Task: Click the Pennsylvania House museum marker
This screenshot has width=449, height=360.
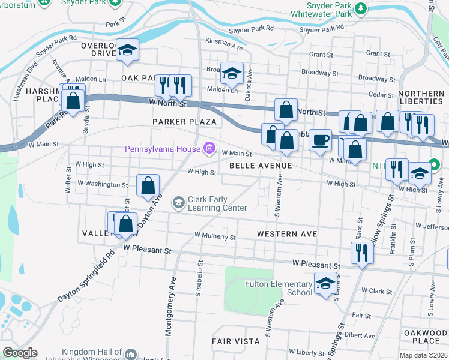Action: [209, 148]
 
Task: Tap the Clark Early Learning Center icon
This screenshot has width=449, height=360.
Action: [178, 203]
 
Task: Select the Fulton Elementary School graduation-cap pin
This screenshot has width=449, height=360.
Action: [325, 284]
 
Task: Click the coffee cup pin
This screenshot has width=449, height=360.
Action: [320, 139]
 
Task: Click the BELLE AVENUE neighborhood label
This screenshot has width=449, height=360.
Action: [260, 165]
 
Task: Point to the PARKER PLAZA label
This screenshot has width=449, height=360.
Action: [175, 122]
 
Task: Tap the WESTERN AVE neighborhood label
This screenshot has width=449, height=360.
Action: [286, 233]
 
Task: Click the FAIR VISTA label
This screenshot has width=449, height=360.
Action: [235, 341]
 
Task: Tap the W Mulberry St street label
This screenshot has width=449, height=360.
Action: [215, 237]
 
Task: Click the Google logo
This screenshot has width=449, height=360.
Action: [20, 353]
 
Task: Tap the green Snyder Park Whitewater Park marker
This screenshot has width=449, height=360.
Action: [360, 8]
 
